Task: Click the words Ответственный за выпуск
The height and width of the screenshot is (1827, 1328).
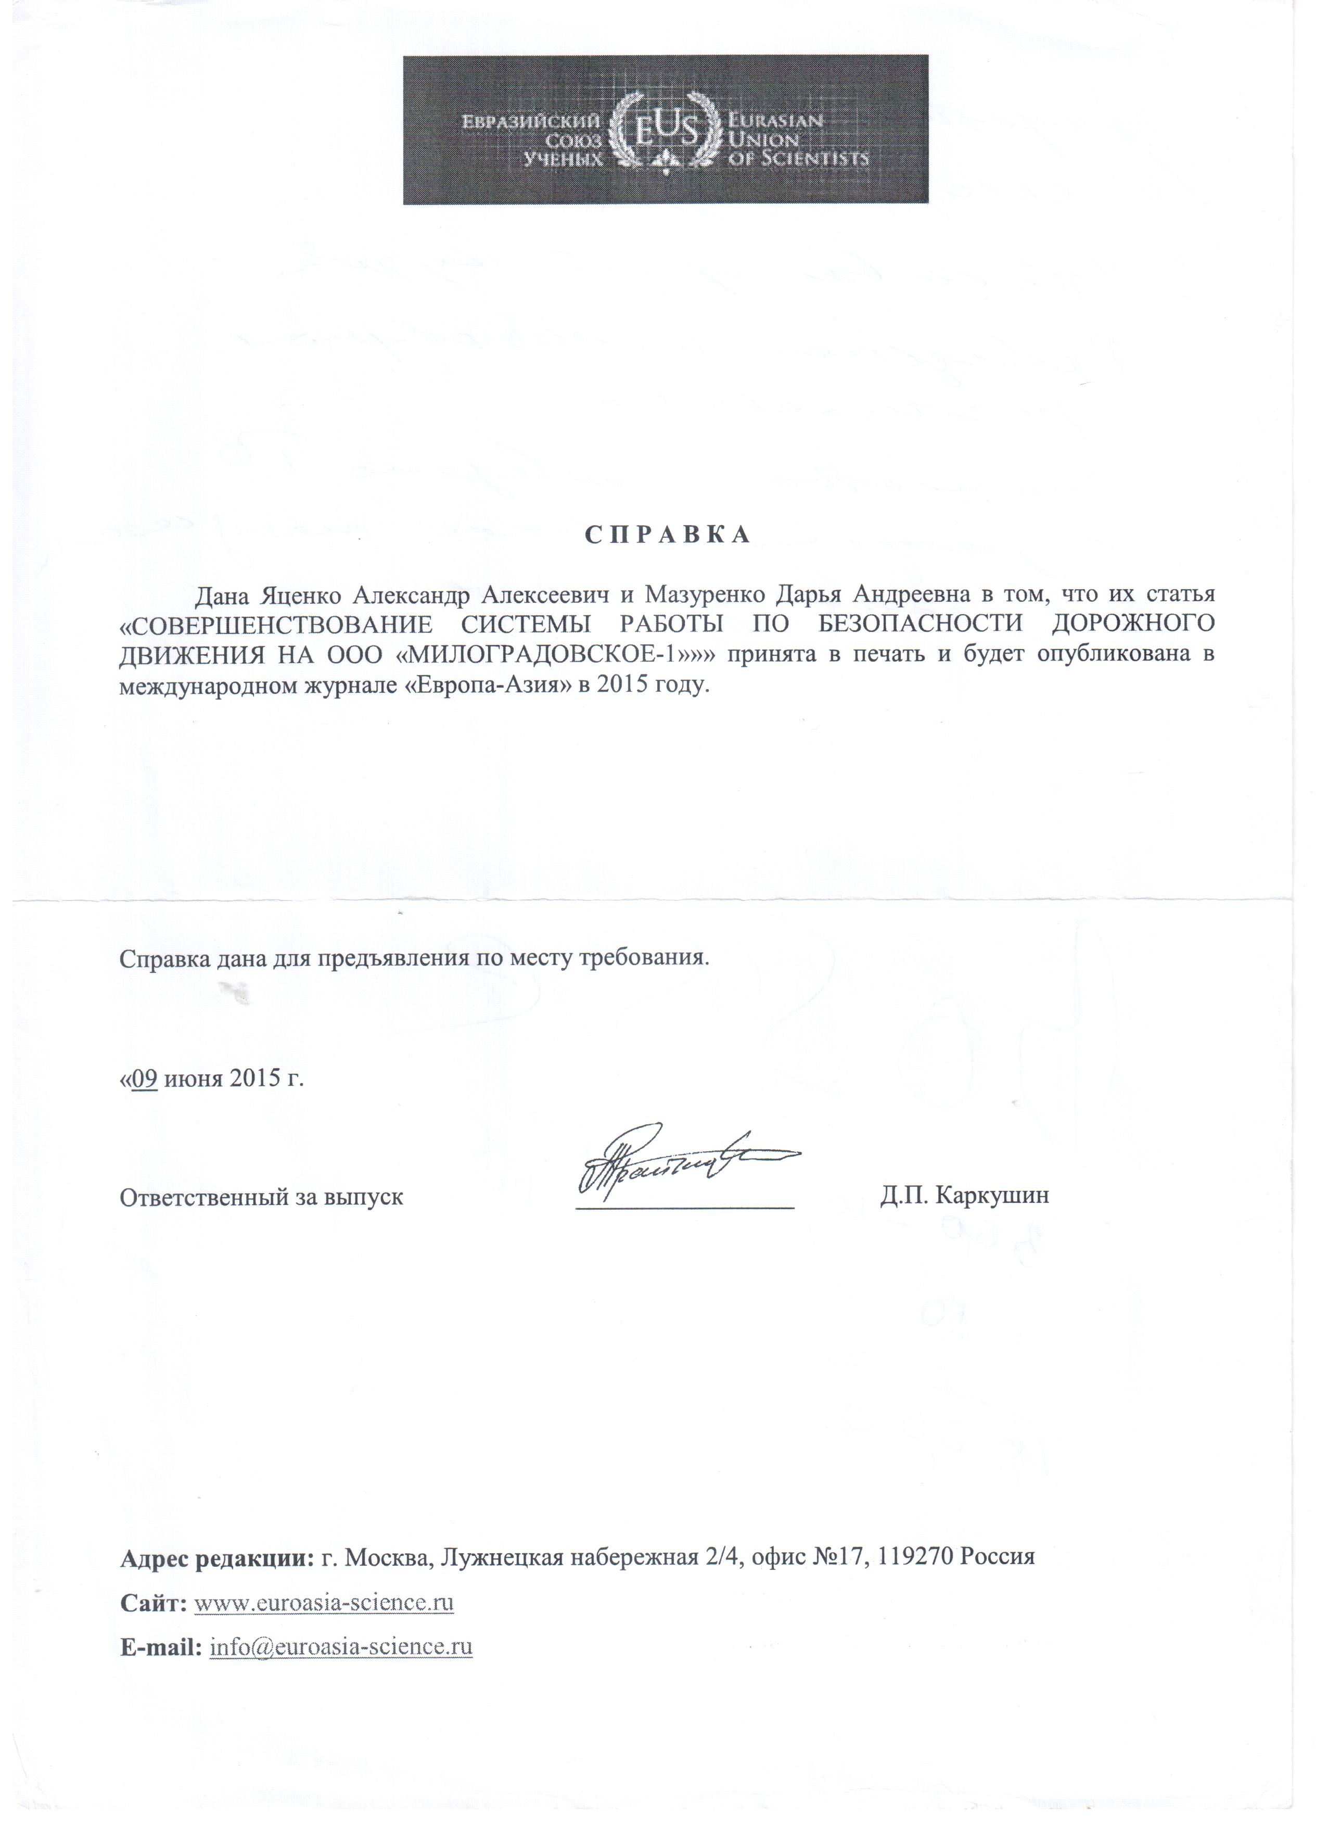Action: tap(262, 1197)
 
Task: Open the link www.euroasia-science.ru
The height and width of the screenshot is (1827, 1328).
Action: tap(324, 1603)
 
